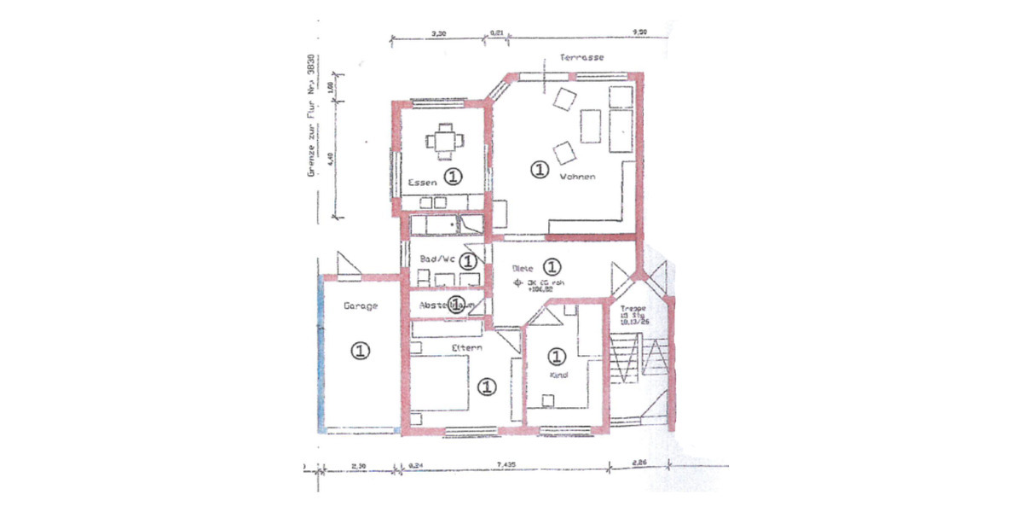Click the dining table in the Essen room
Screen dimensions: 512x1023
pos(443,141)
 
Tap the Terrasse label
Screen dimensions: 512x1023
pos(582,57)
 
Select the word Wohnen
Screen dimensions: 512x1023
pos(577,177)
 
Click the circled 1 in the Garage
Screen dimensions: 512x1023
pos(361,350)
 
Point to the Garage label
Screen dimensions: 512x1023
pos(360,305)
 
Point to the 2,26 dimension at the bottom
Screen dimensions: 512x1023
pos(640,465)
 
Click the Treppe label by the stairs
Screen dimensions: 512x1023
pos(633,308)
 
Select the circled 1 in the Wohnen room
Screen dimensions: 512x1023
pos(538,170)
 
